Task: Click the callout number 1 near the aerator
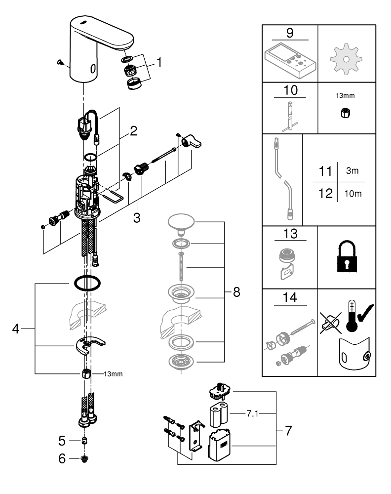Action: coord(159,62)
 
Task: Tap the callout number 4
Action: coord(16,329)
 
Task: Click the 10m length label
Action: coord(352,194)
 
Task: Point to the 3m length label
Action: coord(352,170)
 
